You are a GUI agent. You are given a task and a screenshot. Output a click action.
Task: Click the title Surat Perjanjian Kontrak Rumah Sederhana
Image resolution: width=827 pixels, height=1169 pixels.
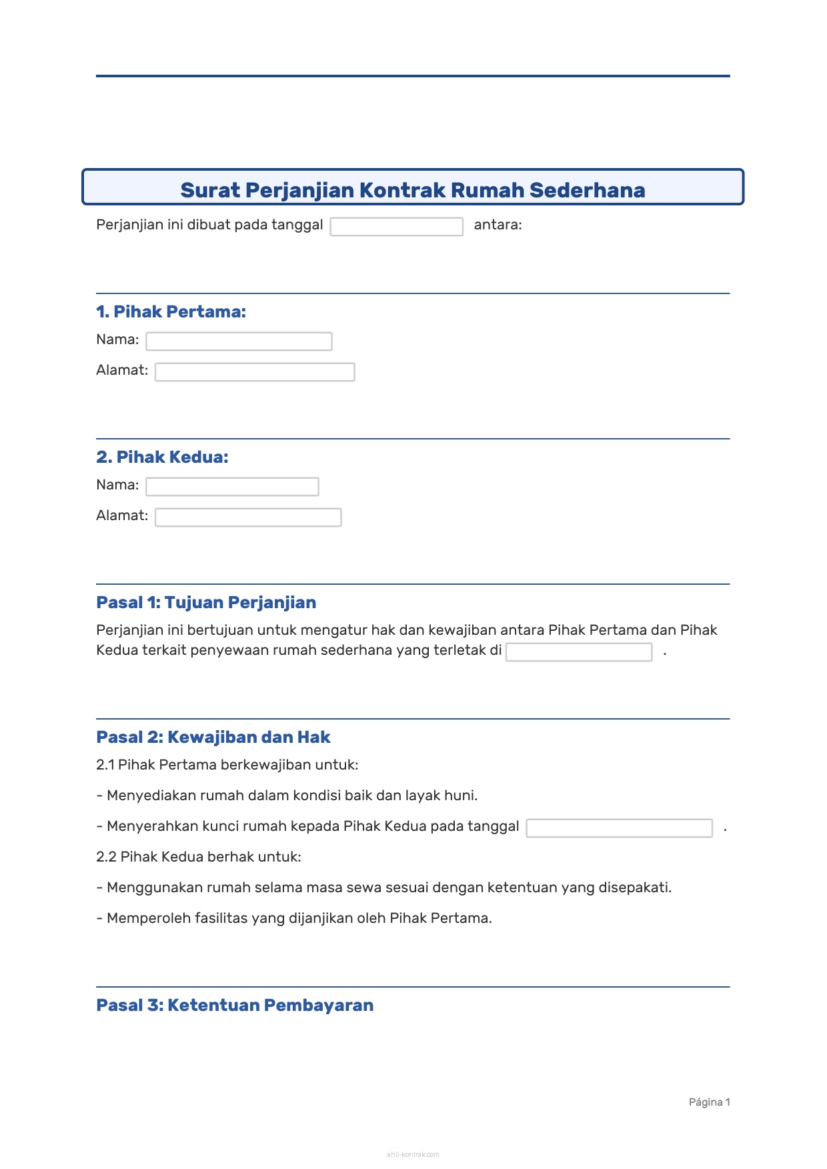[412, 190]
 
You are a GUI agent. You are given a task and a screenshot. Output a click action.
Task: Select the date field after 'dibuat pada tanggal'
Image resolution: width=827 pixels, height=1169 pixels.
[396, 227]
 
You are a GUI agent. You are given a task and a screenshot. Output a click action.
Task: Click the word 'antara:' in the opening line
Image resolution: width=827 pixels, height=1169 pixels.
[498, 225]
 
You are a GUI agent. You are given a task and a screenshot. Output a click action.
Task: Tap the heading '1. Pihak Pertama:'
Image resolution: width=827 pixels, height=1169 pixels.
[171, 311]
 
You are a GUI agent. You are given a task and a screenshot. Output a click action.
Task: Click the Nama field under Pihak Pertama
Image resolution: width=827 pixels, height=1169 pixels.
[239, 341]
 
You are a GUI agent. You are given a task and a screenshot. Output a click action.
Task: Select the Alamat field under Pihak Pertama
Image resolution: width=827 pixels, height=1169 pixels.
[255, 372]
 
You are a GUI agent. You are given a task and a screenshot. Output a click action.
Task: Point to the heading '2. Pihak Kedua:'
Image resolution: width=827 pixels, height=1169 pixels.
[162, 457]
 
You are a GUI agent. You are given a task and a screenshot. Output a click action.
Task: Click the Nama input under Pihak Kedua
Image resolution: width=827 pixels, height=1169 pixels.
[232, 487]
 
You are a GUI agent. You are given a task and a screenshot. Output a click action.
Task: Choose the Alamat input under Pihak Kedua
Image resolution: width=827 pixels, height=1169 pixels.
[248, 517]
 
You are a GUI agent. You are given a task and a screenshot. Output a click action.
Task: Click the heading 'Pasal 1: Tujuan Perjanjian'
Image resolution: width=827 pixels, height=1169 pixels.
[206, 602]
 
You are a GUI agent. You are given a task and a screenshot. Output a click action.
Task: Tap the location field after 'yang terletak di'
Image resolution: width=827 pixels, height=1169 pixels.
[578, 652]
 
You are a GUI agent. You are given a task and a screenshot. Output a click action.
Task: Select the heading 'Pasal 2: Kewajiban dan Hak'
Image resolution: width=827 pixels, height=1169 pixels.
[213, 737]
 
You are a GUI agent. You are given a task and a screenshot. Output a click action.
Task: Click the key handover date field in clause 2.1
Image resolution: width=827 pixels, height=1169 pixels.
[619, 828]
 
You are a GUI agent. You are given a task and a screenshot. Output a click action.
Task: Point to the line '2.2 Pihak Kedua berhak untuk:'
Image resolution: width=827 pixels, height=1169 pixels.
[199, 857]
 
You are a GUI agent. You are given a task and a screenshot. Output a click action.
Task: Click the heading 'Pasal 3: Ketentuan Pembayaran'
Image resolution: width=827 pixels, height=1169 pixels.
[235, 1005]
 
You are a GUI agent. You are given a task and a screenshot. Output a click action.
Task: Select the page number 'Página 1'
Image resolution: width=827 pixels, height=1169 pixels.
[709, 1102]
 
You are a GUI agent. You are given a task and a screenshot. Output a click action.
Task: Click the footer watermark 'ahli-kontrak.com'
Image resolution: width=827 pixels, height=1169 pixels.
[413, 1154]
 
